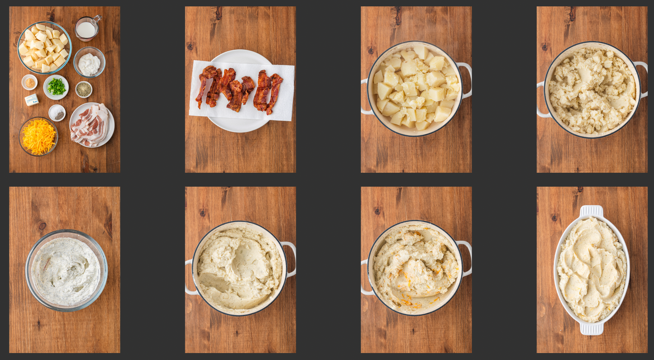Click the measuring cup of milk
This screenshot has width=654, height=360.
(x=86, y=29)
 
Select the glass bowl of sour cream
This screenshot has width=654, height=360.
(x=89, y=62)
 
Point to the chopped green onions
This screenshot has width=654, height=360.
(x=56, y=86)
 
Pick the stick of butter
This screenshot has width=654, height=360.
(x=32, y=99)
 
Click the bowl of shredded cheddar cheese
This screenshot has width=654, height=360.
(x=38, y=136)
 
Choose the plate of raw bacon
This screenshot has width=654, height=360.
(x=92, y=124)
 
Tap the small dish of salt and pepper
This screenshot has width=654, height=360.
(x=57, y=113)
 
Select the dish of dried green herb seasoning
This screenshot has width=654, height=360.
(x=84, y=89)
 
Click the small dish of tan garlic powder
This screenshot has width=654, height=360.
(x=29, y=82)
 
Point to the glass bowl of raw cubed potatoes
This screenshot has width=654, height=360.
(x=44, y=47)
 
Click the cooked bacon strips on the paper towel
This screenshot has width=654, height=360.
(x=239, y=90)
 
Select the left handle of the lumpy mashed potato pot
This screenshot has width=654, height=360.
(x=541, y=99)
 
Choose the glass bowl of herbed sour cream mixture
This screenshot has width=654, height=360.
(x=67, y=270)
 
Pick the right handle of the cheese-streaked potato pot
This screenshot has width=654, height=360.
(x=466, y=258)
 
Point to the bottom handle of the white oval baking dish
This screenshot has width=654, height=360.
(x=592, y=329)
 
